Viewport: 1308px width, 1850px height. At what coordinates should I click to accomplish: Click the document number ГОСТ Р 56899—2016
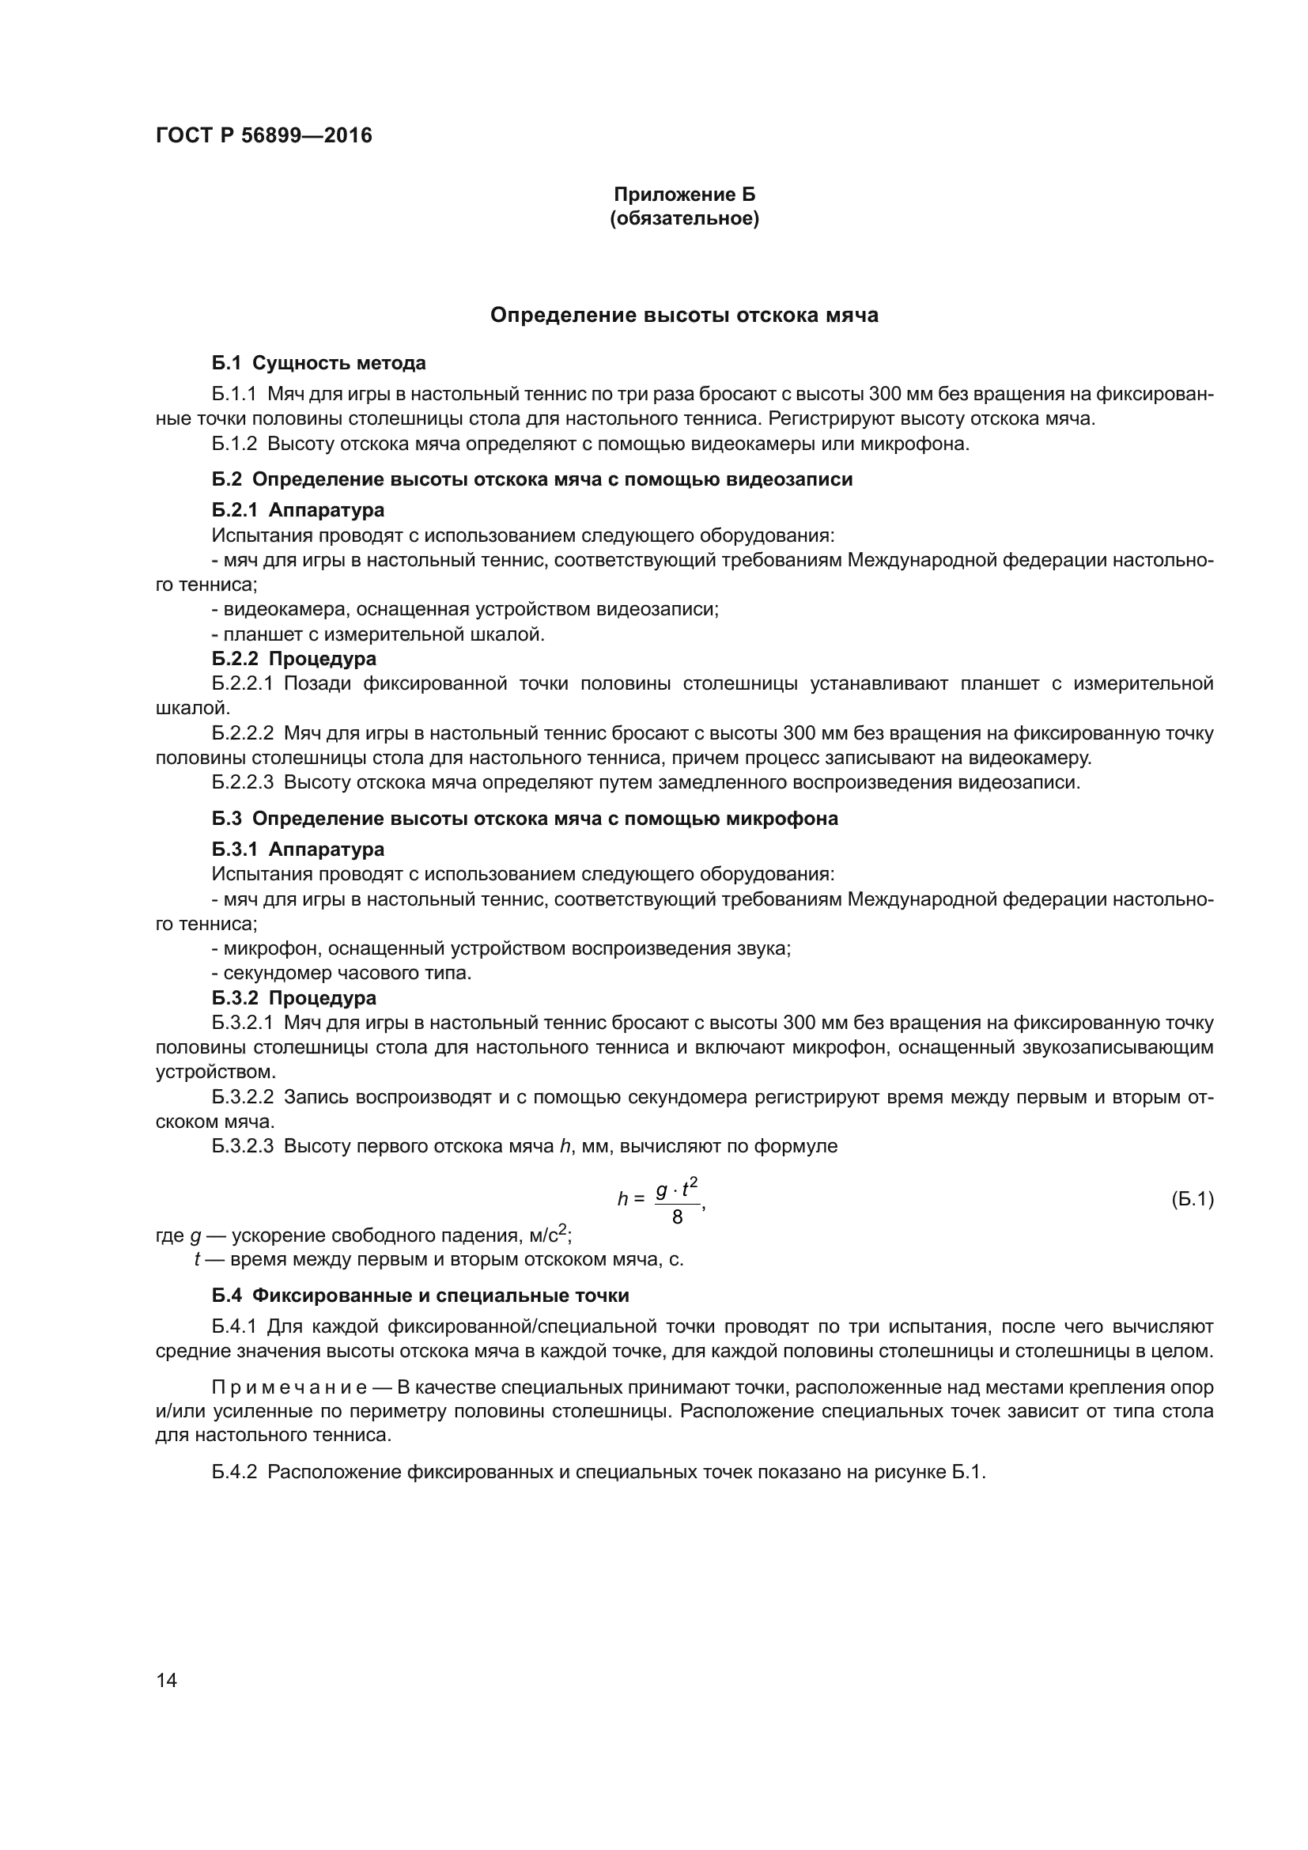263,135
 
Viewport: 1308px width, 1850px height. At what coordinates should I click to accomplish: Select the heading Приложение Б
684,195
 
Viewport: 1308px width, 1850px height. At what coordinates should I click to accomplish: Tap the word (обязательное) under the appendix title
684,218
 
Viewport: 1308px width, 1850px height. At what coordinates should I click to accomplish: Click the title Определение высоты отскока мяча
684,315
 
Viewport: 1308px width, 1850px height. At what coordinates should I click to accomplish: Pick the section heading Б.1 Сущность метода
319,363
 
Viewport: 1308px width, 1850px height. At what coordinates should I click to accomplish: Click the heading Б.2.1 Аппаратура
298,510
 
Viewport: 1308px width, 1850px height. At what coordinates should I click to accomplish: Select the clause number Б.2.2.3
243,782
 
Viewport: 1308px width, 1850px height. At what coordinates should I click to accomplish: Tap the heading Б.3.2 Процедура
294,997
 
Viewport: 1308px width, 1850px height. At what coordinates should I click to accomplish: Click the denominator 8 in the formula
677,1216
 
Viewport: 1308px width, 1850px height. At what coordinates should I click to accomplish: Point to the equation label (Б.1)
1192,1199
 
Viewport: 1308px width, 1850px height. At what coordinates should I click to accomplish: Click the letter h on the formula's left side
622,1200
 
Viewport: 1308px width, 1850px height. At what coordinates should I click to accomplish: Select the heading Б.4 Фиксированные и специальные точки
421,1296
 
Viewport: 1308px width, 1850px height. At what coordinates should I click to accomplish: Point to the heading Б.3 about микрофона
524,819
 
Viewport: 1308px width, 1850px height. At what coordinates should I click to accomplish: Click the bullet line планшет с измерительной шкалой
379,634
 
